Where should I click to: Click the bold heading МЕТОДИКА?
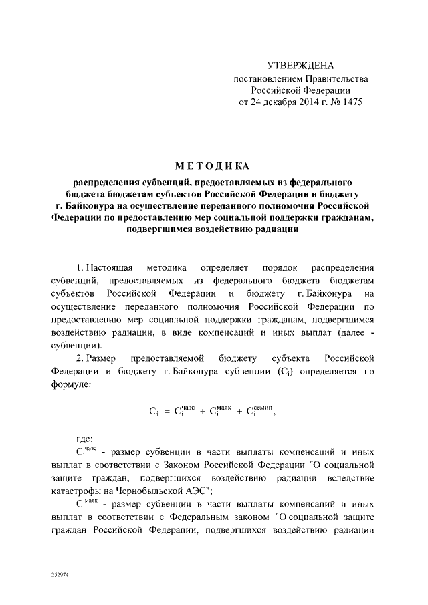(213, 166)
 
